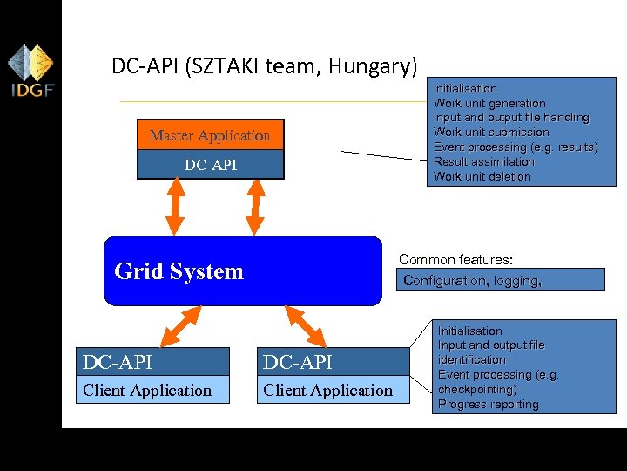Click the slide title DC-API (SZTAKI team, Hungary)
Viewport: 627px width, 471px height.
click(265, 65)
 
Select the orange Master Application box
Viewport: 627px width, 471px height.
click(210, 135)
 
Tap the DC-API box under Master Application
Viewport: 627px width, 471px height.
click(210, 165)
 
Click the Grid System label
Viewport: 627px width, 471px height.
click(179, 271)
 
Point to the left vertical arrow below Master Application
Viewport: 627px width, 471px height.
click(175, 208)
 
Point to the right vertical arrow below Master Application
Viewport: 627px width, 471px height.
click(254, 208)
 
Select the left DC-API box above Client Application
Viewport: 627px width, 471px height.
click(155, 361)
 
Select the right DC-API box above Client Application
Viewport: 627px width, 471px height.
click(336, 361)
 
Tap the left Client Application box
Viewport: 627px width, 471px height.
click(155, 390)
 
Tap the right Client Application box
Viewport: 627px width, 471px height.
click(336, 390)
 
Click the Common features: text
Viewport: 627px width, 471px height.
click(455, 260)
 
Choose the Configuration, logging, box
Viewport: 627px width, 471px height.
click(502, 280)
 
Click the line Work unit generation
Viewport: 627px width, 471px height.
click(489, 103)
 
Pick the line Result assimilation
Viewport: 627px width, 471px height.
click(483, 161)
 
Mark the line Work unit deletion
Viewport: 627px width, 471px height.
click(482, 176)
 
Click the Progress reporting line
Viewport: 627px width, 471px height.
click(488, 404)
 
